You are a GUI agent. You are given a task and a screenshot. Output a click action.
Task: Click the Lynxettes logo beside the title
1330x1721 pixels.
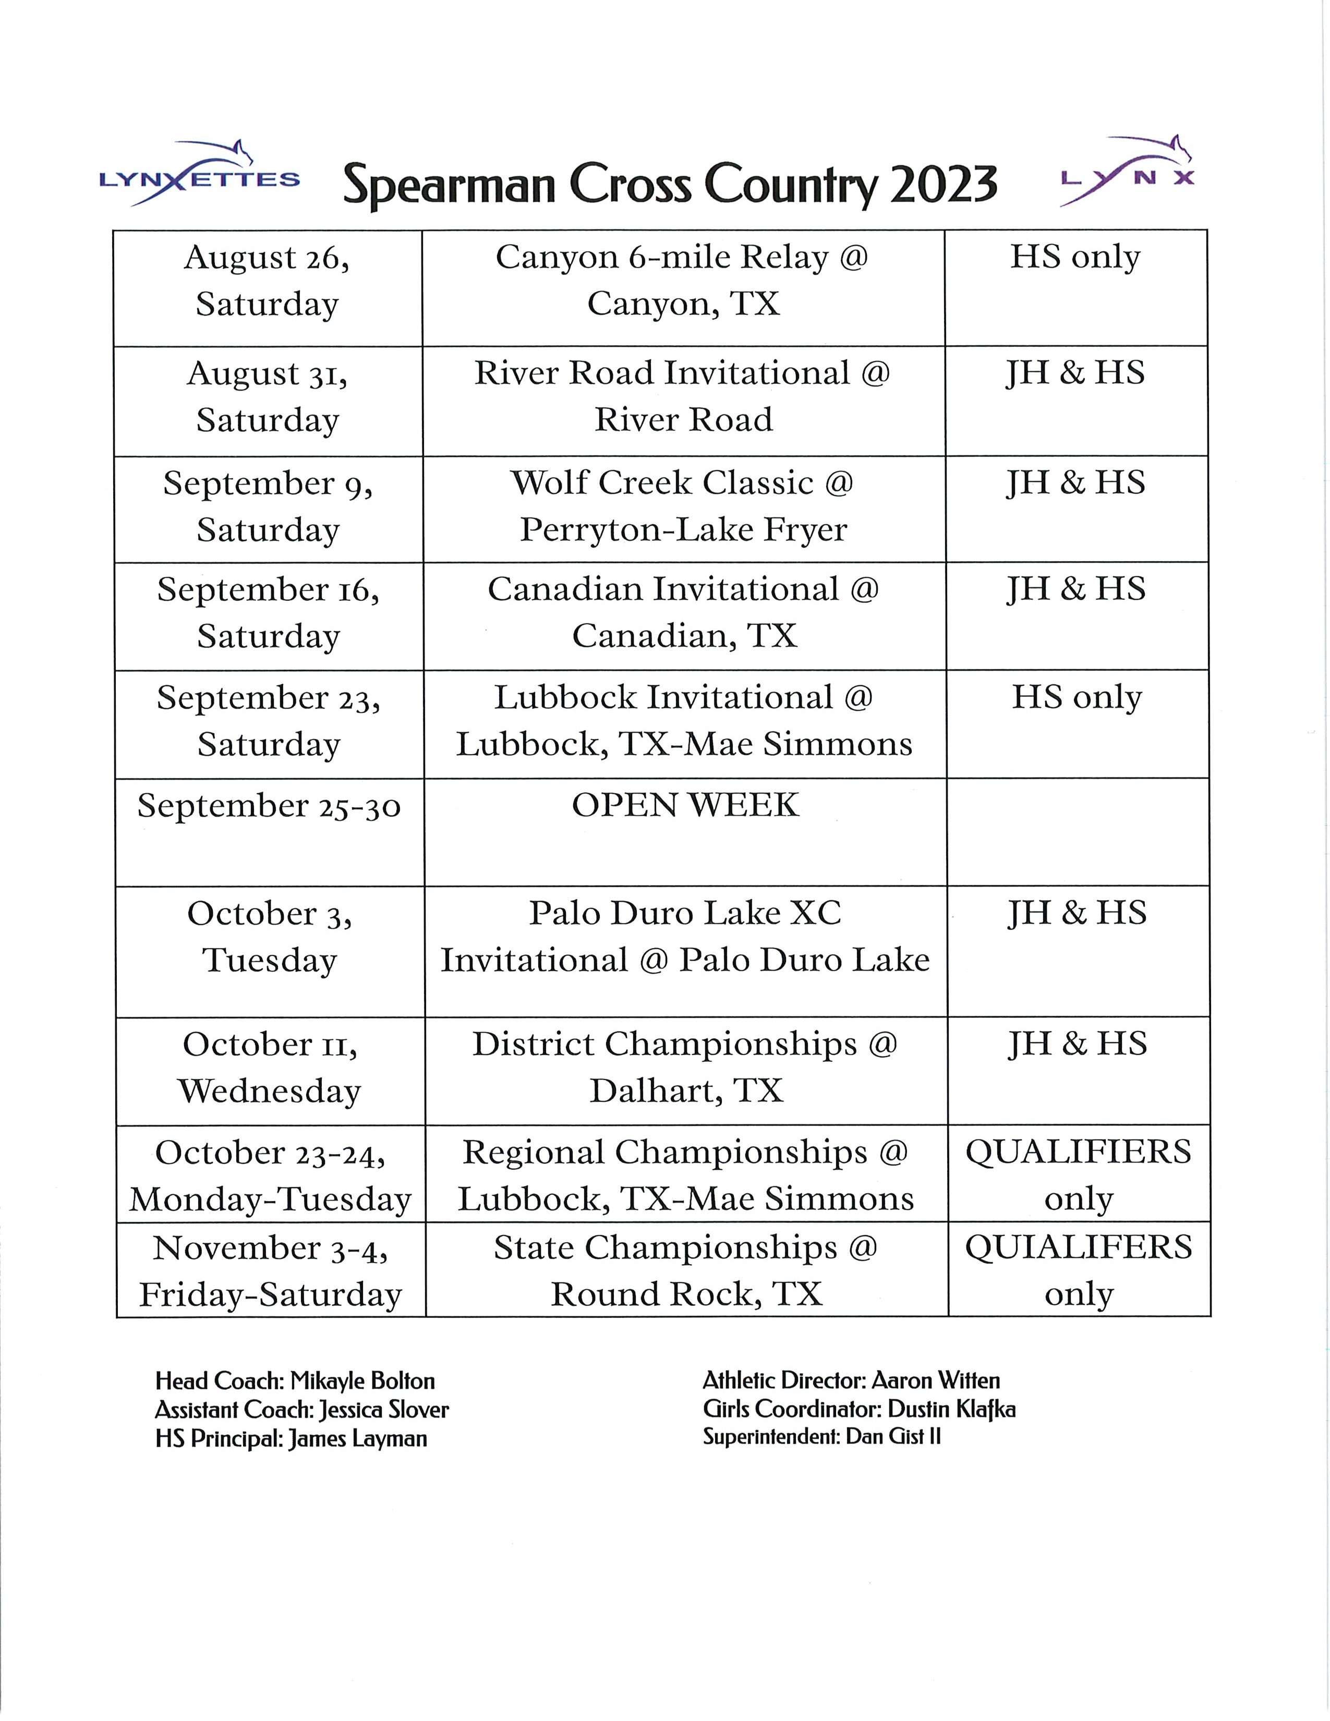click(x=199, y=175)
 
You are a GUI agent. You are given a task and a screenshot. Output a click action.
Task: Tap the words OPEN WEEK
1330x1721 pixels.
click(x=685, y=805)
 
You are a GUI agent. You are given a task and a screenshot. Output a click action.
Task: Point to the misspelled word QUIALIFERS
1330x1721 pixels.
click(x=1078, y=1248)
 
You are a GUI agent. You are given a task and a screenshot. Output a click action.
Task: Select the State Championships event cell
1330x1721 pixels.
click(x=685, y=1270)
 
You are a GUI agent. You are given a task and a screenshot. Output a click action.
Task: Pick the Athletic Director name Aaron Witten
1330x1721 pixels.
click(x=935, y=1380)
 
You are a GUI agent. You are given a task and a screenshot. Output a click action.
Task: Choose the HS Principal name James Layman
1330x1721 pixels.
click(x=358, y=1439)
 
